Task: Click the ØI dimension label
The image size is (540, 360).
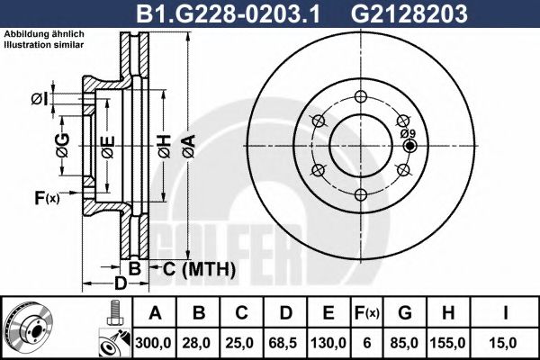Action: click(x=38, y=97)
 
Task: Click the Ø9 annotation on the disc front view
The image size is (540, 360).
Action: click(x=408, y=133)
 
